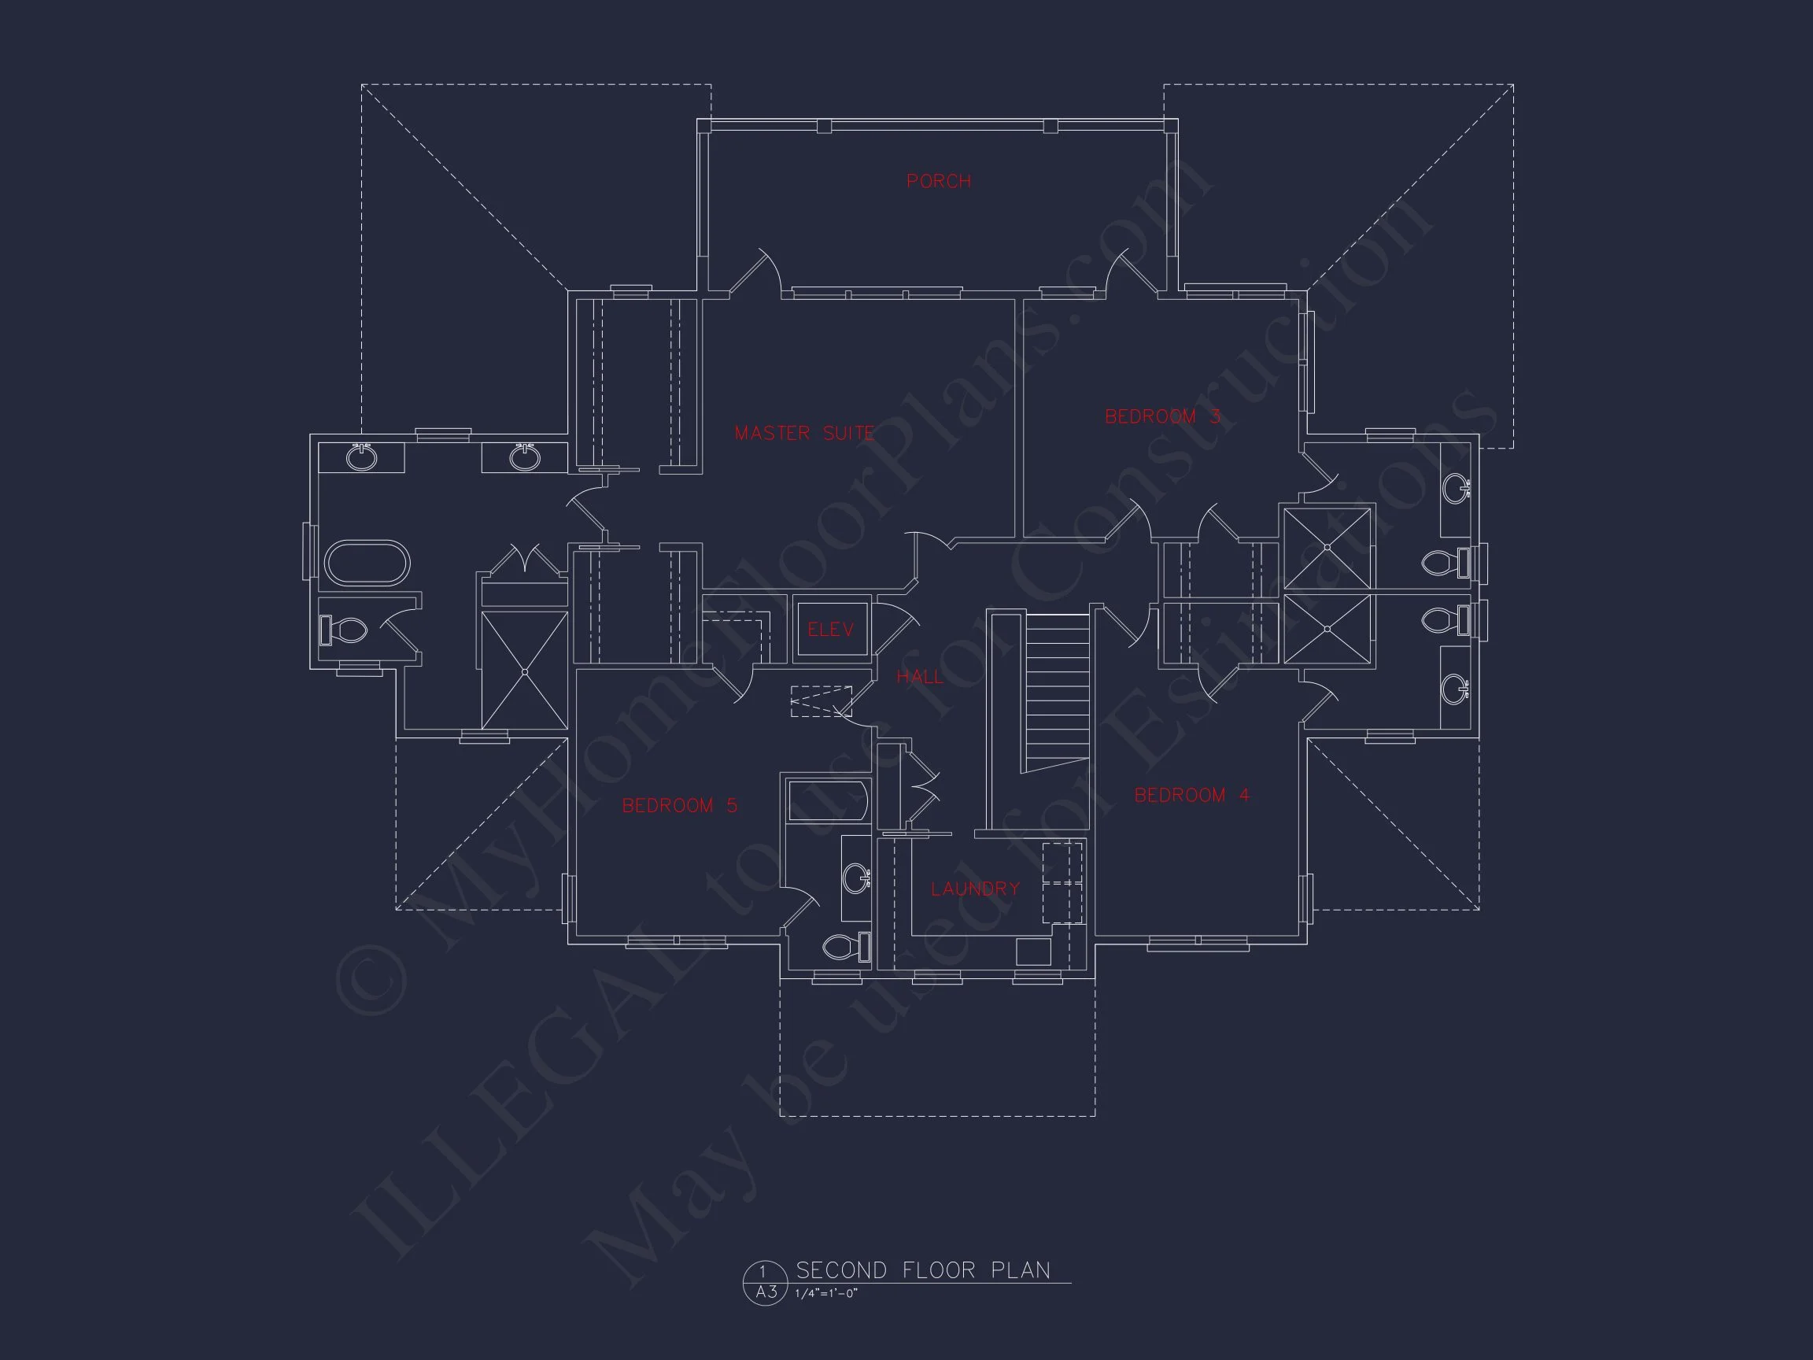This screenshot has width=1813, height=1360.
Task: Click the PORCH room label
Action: point(939,181)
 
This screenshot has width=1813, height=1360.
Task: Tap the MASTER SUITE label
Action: point(804,433)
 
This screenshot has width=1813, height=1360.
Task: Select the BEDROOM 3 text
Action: point(1162,416)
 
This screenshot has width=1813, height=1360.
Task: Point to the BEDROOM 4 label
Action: point(1191,794)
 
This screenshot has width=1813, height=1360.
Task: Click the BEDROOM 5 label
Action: point(679,806)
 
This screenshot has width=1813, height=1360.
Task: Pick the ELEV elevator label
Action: point(831,630)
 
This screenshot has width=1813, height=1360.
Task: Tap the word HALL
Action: point(920,676)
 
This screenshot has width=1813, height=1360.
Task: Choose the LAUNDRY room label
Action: point(975,889)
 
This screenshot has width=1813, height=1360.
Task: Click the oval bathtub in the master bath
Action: point(367,563)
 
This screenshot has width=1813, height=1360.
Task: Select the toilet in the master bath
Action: point(343,630)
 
